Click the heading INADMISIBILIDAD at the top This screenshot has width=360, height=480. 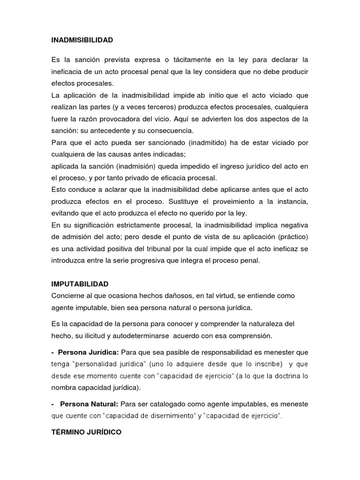click(x=82, y=40)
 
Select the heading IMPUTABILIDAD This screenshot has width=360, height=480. click(x=80, y=284)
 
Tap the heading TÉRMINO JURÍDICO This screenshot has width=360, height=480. click(x=86, y=432)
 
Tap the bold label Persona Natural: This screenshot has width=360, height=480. click(x=90, y=404)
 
